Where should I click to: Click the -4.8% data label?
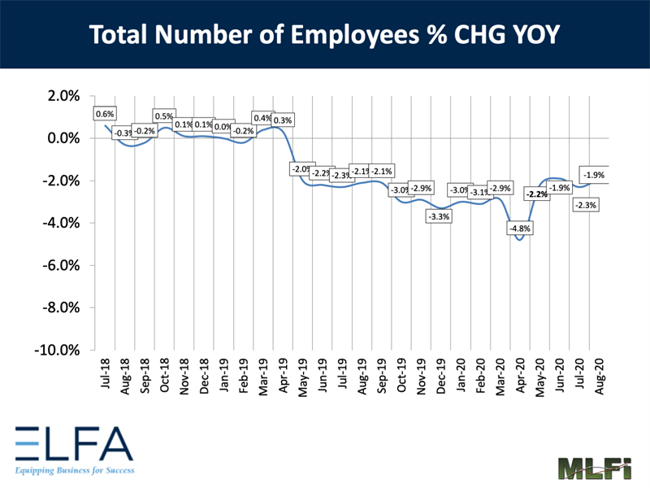pyautogui.click(x=519, y=229)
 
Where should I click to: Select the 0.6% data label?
pyautogui.click(x=105, y=114)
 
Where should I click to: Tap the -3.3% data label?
pyautogui.click(x=440, y=217)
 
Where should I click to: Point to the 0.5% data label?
pyautogui.click(x=164, y=116)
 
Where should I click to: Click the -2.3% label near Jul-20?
pyautogui.click(x=585, y=206)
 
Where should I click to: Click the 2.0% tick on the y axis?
pyautogui.click(x=63, y=96)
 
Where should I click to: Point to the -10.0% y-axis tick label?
pyautogui.click(x=58, y=350)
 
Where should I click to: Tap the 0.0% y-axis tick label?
pyautogui.click(x=63, y=138)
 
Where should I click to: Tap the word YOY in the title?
pyautogui.click(x=528, y=35)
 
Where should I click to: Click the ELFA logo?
pyautogui.click(x=74, y=444)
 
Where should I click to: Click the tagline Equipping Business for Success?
pyautogui.click(x=74, y=470)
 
